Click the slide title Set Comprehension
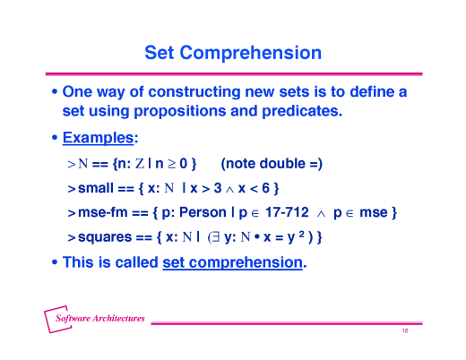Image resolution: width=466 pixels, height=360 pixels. [x=233, y=53]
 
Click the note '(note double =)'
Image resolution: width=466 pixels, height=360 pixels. [x=272, y=163]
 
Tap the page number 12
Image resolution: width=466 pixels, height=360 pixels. [x=405, y=332]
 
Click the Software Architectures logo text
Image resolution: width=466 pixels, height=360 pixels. [x=99, y=319]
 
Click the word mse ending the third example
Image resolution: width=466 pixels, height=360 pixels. [x=373, y=213]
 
